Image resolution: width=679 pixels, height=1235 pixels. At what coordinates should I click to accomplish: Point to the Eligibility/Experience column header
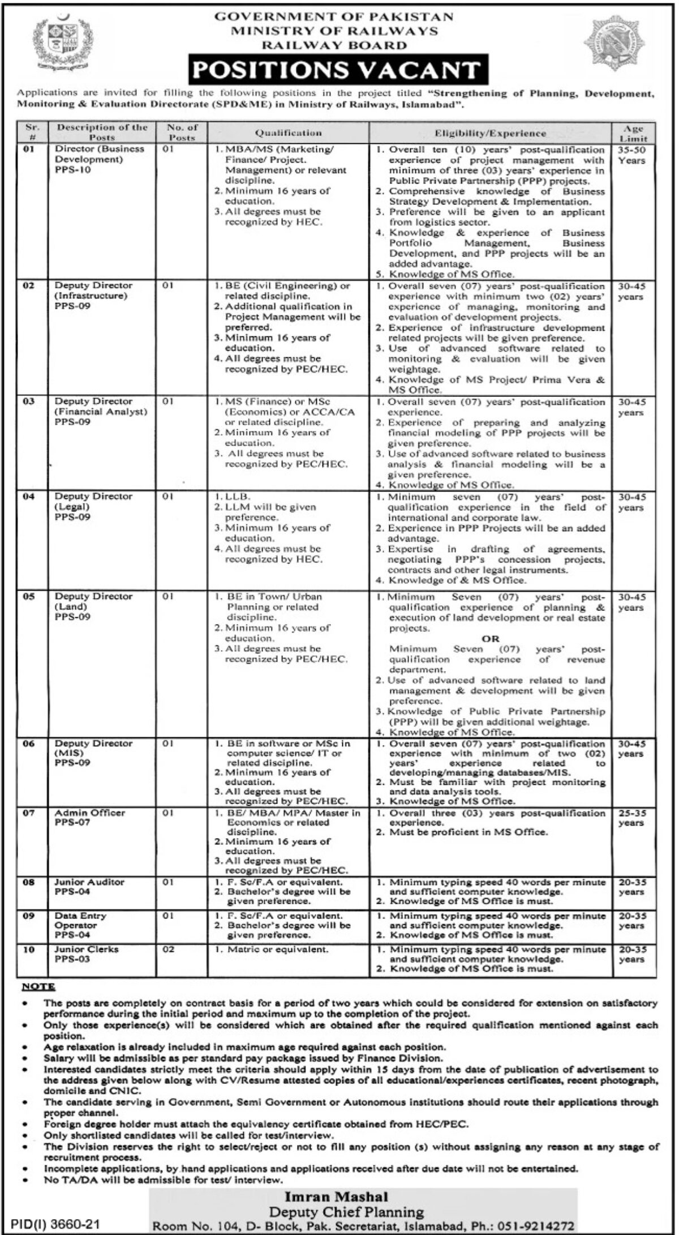click(x=490, y=133)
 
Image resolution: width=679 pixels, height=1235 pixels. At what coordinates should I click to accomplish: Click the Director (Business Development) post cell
click(x=100, y=159)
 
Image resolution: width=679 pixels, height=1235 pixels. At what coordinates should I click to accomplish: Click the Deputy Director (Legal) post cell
click(x=93, y=506)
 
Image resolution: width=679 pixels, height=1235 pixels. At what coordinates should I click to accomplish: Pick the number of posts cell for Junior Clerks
click(x=168, y=949)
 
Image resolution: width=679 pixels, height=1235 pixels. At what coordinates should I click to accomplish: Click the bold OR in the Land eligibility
click(x=491, y=638)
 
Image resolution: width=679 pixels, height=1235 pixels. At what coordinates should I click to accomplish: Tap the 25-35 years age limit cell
click(x=632, y=818)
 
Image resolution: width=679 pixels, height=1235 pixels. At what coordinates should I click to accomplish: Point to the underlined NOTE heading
click(x=38, y=986)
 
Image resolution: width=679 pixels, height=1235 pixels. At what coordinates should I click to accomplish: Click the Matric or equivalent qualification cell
click(x=277, y=949)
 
